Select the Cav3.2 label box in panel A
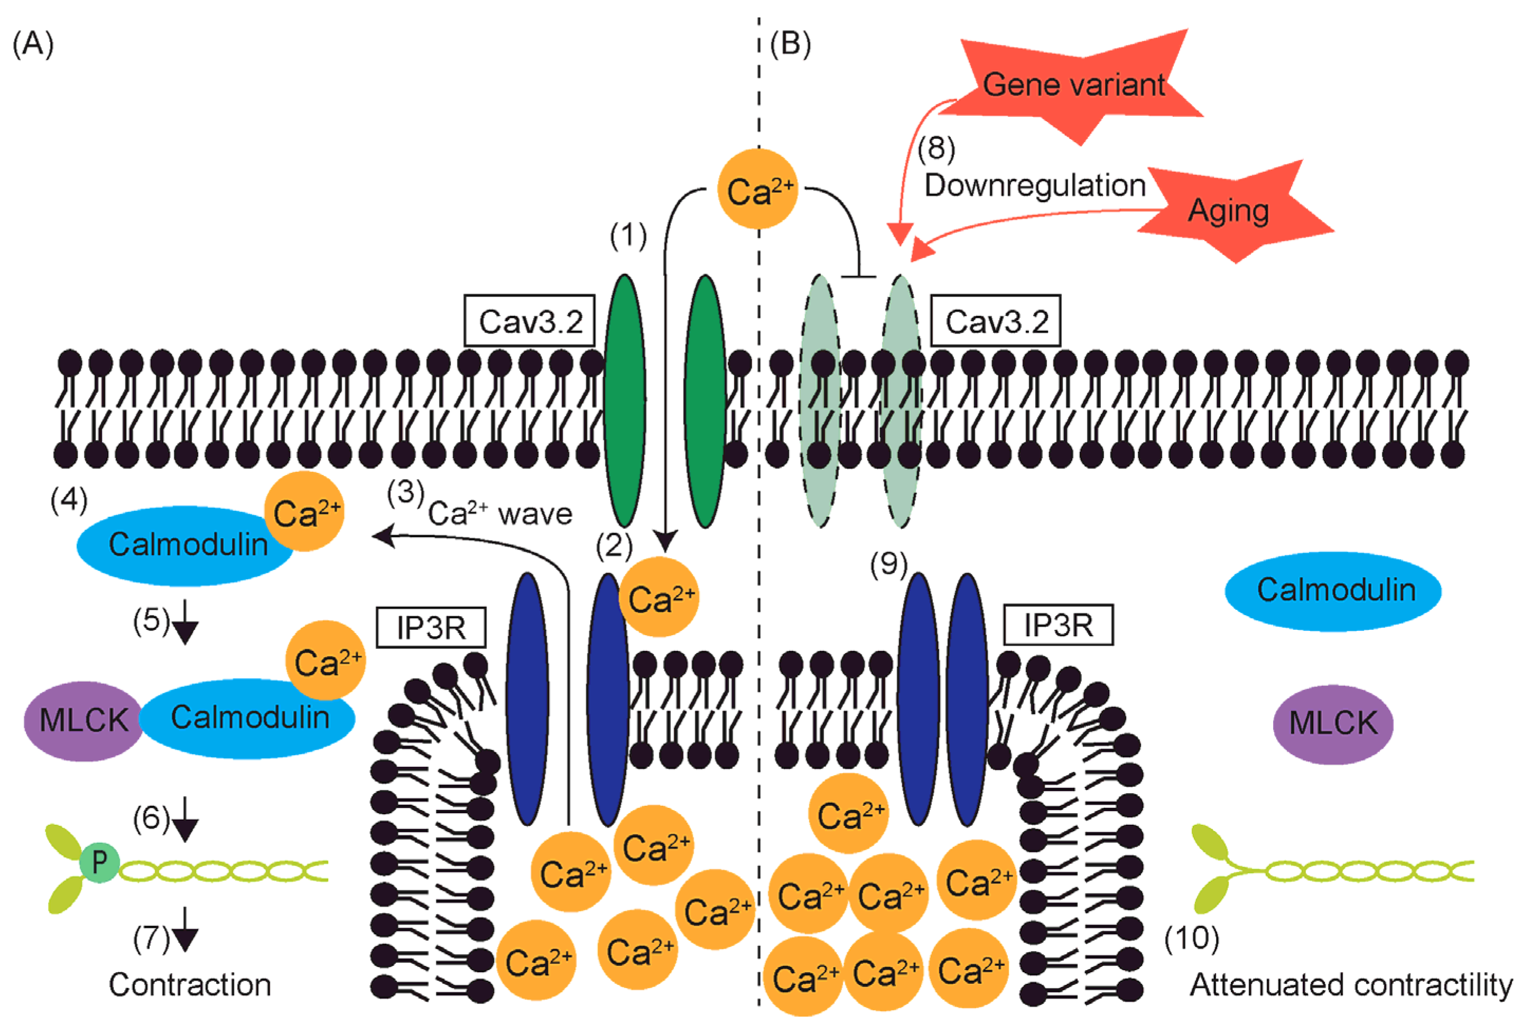(x=530, y=321)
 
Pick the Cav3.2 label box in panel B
(x=996, y=321)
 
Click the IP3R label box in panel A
(x=431, y=627)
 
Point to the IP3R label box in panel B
(x=1059, y=625)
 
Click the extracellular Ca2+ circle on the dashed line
(x=758, y=189)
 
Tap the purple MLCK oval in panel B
(x=1333, y=723)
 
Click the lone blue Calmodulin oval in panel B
(x=1333, y=591)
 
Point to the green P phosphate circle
(x=99, y=862)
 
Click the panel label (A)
(x=33, y=44)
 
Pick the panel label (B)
(x=790, y=44)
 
